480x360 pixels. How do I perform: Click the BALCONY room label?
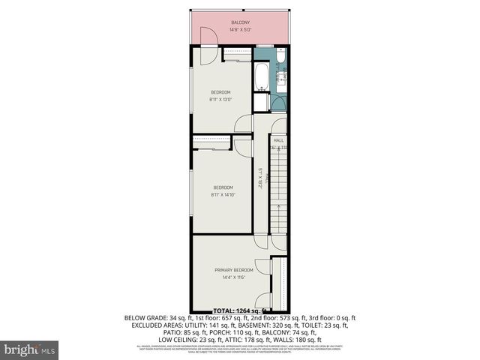(x=240, y=22)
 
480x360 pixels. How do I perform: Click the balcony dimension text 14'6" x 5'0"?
(x=240, y=30)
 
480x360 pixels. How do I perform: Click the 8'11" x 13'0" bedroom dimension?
(x=220, y=100)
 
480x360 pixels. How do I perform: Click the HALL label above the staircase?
(x=278, y=140)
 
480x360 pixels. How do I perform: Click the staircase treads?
(x=278, y=195)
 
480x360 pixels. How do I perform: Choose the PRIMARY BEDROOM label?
(x=233, y=270)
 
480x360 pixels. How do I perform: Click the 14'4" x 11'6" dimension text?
(x=233, y=277)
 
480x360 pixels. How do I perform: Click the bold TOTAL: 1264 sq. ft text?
(x=240, y=310)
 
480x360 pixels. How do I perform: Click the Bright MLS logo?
(x=30, y=349)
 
